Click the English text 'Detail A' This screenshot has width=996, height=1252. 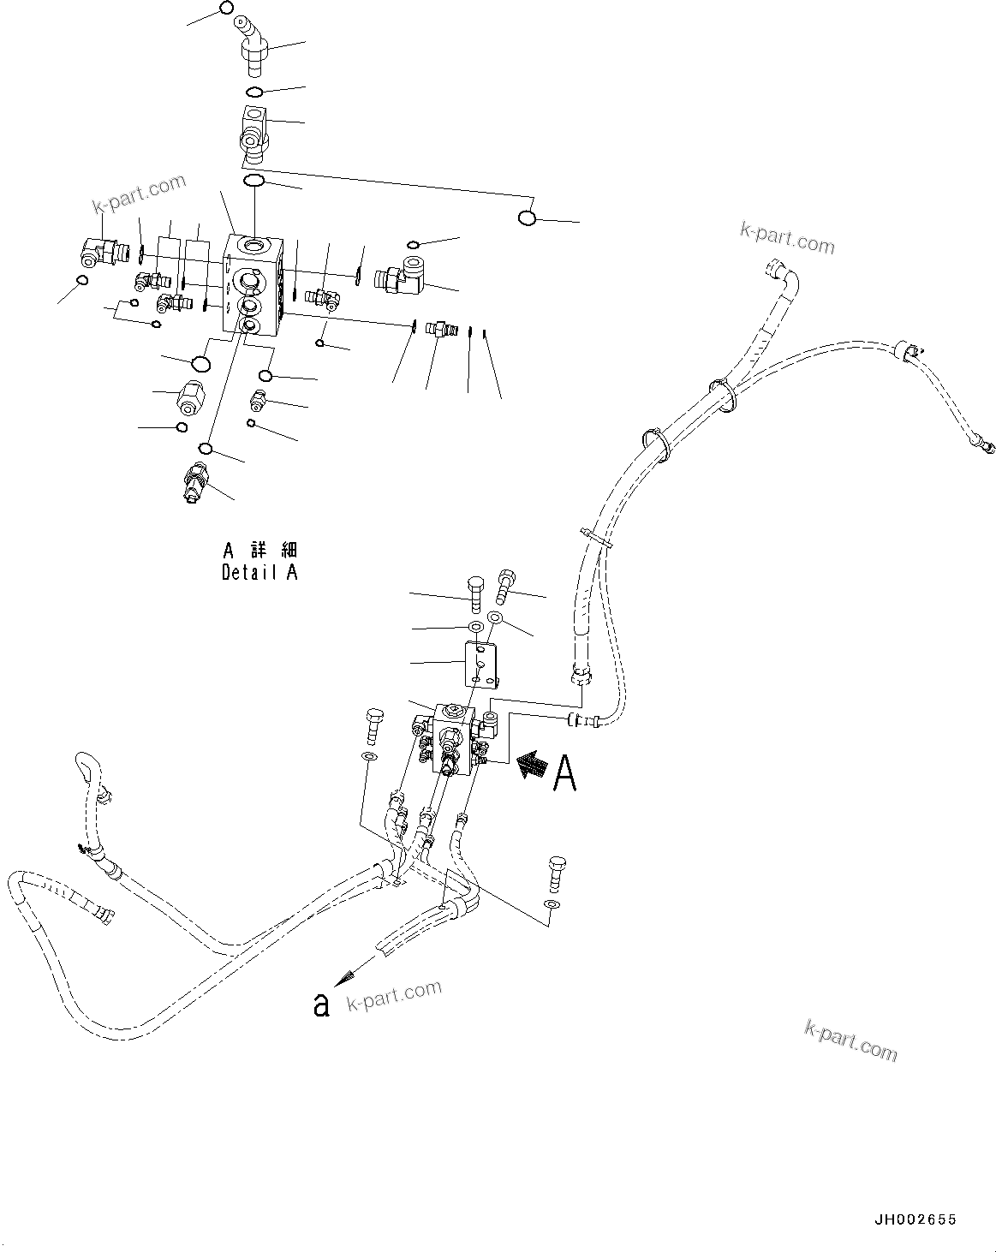click(x=259, y=573)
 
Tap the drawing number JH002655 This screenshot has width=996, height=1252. click(x=915, y=1219)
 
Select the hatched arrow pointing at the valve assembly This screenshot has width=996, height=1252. click(x=532, y=765)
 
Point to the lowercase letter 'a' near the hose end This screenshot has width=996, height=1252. click(x=321, y=1004)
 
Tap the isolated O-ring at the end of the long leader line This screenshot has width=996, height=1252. click(x=528, y=218)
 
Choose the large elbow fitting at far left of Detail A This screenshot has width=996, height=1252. click(x=96, y=252)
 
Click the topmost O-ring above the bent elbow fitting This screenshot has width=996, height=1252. click(x=226, y=8)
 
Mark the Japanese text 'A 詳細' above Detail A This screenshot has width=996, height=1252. click(x=259, y=550)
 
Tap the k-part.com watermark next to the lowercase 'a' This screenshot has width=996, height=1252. click(x=394, y=996)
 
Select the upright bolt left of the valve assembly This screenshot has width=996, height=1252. click(x=373, y=728)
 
